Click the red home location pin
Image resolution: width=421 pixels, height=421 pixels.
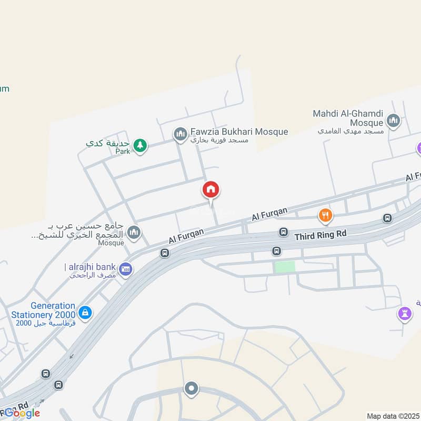211,189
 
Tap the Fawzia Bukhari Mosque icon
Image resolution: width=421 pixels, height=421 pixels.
181,135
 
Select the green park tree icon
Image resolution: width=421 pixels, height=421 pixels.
139,145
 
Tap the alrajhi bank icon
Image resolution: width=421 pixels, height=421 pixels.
125,269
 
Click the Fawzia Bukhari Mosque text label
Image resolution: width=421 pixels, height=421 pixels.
239,132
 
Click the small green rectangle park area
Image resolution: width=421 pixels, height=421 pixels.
285,267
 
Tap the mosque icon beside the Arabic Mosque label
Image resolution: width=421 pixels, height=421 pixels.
134,232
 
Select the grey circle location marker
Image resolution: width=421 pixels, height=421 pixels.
191,389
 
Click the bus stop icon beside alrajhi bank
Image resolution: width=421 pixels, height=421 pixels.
165,253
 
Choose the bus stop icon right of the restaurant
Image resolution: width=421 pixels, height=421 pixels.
388,218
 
